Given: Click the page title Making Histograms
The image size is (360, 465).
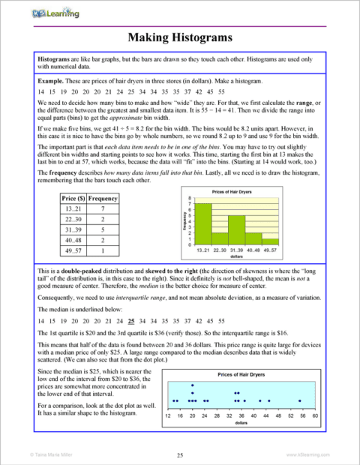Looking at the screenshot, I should pyautogui.click(x=179, y=36).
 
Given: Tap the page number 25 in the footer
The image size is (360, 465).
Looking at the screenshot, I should pyautogui.click(x=180, y=454).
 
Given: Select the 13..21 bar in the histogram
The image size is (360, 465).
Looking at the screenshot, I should pyautogui.click(x=202, y=225).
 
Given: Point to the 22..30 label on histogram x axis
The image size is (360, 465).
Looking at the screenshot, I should pyautogui.click(x=220, y=249).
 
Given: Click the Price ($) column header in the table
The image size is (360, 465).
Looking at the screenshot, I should pyautogui.click(x=73, y=198).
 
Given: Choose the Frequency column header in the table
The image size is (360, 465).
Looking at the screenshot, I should pyautogui.click(x=102, y=198).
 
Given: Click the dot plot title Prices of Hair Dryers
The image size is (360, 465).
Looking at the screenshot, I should pyautogui.click(x=241, y=373).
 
